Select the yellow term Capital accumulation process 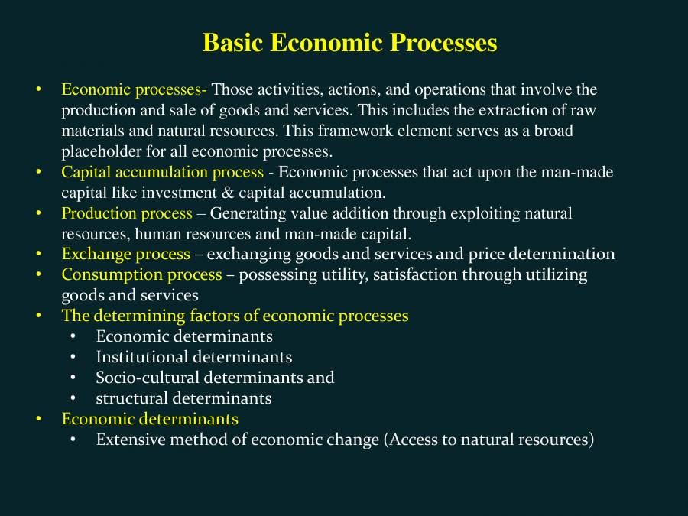[162, 172]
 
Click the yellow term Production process [127, 213]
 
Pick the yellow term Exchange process [125, 254]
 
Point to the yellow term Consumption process [141, 274]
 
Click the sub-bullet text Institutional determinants [193, 357]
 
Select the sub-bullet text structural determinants [183, 398]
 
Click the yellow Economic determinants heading [150, 419]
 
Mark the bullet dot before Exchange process [38, 254]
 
